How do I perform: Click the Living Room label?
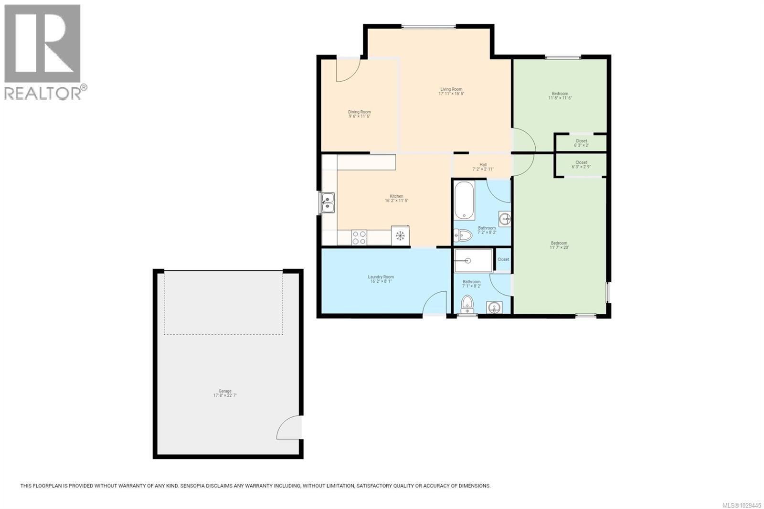[x=451, y=89]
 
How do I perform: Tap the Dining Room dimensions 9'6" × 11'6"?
[x=359, y=117]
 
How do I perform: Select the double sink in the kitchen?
[x=328, y=203]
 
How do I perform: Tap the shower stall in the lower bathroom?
[x=473, y=261]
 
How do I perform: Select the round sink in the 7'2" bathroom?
[x=505, y=219]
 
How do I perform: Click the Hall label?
[x=483, y=165]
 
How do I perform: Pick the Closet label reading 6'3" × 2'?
[x=581, y=143]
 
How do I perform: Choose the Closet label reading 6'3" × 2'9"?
[x=581, y=165]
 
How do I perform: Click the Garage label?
[x=225, y=391]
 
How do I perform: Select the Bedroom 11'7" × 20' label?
[x=559, y=245]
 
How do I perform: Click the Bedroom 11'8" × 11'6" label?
[x=560, y=95]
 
